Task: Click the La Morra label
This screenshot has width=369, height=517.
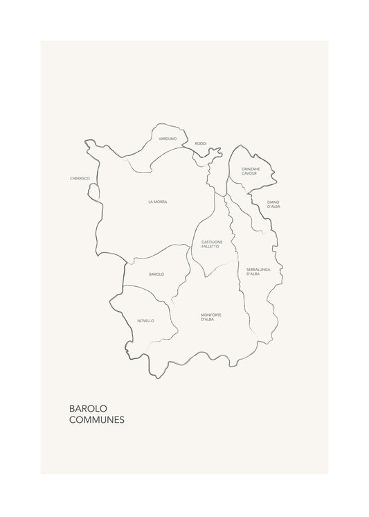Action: pyautogui.click(x=158, y=202)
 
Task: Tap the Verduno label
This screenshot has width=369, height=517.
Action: pyautogui.click(x=168, y=139)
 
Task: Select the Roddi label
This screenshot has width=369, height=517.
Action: pyautogui.click(x=201, y=143)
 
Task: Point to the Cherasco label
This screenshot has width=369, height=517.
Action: pyautogui.click(x=80, y=178)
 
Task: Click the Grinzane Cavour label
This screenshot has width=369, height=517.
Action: pyautogui.click(x=250, y=170)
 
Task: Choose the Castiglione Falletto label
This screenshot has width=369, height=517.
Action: pyautogui.click(x=211, y=244)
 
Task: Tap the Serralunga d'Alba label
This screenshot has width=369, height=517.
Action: pyautogui.click(x=258, y=271)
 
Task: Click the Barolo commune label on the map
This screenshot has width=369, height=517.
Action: pyautogui.click(x=156, y=274)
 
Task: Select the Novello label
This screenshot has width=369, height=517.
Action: pyautogui.click(x=145, y=321)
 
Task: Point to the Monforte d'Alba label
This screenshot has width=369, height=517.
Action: pyautogui.click(x=211, y=317)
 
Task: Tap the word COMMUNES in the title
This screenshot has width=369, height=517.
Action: pyautogui.click(x=97, y=421)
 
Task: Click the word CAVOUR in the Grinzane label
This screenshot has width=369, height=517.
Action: pyautogui.click(x=250, y=173)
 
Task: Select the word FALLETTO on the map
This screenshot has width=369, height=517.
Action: pyautogui.click(x=211, y=247)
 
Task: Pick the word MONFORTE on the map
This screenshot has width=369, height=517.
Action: pyautogui.click(x=211, y=314)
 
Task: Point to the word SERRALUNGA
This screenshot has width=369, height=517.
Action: pyautogui.click(x=258, y=269)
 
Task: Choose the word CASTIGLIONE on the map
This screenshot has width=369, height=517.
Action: pyautogui.click(x=211, y=241)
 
